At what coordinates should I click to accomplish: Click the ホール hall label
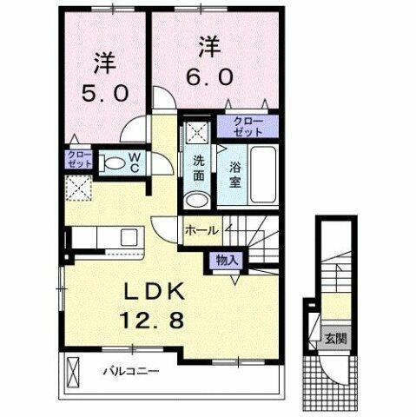pyautogui.click(x=201, y=231)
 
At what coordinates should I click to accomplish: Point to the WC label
pyautogui.click(x=135, y=162)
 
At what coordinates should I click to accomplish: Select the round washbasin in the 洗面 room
pyautogui.click(x=198, y=200)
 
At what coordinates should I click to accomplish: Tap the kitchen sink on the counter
pyautogui.click(x=129, y=236)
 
